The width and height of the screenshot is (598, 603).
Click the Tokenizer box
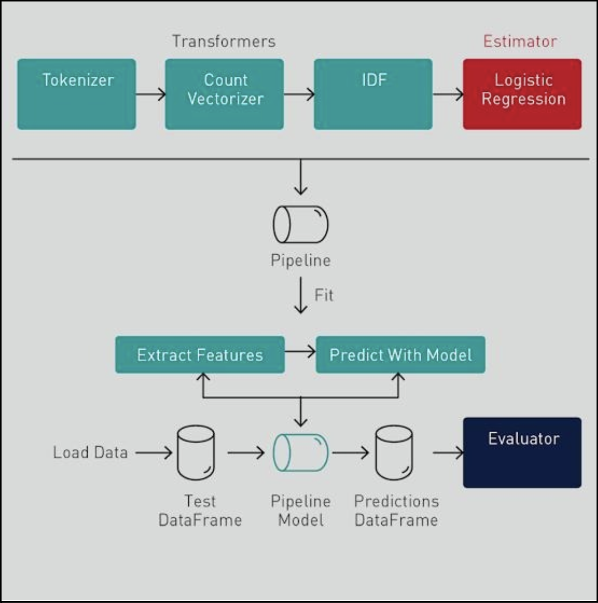pos(76,94)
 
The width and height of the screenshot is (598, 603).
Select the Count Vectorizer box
pos(224,94)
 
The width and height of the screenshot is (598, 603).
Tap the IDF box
pos(373,94)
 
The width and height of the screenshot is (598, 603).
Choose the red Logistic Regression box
pos(522,94)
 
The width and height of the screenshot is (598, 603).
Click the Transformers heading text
pos(224,41)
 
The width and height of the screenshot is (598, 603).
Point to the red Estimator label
pos(520,41)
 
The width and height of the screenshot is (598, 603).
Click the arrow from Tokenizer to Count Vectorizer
pos(150,94)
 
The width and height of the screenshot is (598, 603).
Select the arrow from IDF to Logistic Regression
pos(448,94)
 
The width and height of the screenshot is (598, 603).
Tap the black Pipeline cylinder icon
pos(300,224)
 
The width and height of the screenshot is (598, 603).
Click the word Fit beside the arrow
pos(324,295)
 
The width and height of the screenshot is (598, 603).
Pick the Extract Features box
pos(200,355)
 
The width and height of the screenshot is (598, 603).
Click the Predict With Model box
pos(400,355)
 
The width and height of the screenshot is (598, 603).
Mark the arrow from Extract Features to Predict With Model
pos(300,351)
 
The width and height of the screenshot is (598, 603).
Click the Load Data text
pos(91,453)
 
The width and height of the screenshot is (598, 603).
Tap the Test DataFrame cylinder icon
pos(196,453)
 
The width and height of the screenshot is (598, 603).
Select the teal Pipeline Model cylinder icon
pos(300,453)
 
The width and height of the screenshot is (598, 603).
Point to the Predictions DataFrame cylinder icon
pos(394,453)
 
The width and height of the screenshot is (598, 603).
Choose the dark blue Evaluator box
pos(522,452)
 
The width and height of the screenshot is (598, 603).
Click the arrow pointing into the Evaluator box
pos(448,453)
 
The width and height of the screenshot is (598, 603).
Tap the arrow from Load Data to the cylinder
pos(153,453)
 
